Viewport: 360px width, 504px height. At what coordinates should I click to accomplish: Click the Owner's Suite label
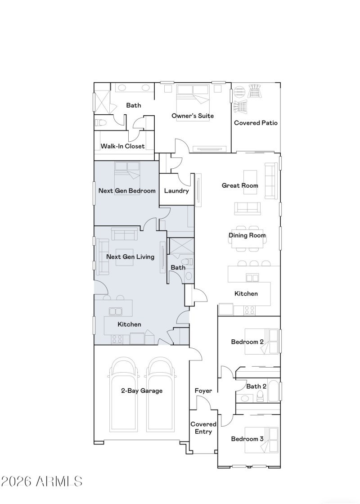pyautogui.click(x=193, y=116)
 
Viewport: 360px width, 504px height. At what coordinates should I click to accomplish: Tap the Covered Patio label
pyautogui.click(x=256, y=122)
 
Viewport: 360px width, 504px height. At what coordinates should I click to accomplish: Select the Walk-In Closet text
pyautogui.click(x=122, y=146)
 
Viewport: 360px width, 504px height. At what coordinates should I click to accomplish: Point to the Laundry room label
pyautogui.click(x=176, y=191)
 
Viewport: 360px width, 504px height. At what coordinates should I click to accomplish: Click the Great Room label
pyautogui.click(x=240, y=185)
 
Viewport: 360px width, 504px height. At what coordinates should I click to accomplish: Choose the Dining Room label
pyautogui.click(x=247, y=235)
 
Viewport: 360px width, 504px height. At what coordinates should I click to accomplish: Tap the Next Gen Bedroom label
pyautogui.click(x=127, y=190)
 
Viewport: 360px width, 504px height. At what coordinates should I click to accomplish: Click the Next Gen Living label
pyautogui.click(x=130, y=257)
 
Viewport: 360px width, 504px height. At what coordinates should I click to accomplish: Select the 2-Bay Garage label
pyautogui.click(x=141, y=391)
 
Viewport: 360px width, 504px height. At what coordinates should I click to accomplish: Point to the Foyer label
pyautogui.click(x=203, y=391)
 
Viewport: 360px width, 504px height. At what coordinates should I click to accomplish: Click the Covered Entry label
pyautogui.click(x=203, y=428)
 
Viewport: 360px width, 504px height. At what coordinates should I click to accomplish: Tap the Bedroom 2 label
pyautogui.click(x=247, y=342)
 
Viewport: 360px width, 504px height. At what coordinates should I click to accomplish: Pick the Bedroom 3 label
pyautogui.click(x=247, y=439)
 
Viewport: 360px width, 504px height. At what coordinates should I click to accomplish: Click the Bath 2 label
pyautogui.click(x=256, y=386)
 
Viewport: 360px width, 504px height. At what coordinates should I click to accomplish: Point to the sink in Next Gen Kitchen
pyautogui.click(x=116, y=311)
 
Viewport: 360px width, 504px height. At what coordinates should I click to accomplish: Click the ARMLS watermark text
pyautogui.click(x=41, y=481)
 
